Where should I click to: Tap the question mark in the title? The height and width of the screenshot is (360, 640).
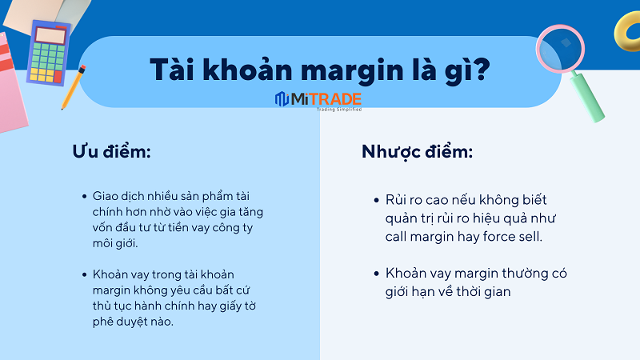[x=482, y=68]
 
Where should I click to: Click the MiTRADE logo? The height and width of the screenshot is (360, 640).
[x=318, y=100]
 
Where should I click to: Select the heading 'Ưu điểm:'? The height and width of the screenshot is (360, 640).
[x=112, y=151]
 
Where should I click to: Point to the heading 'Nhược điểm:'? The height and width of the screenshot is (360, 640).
[x=417, y=152]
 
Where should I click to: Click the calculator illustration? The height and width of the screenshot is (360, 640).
[x=49, y=52]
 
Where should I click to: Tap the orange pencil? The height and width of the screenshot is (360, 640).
[x=73, y=87]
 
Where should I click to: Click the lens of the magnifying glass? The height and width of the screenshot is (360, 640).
[x=561, y=49]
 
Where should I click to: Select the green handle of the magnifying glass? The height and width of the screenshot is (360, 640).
[x=588, y=97]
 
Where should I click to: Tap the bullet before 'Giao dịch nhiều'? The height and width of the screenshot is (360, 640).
[x=85, y=197]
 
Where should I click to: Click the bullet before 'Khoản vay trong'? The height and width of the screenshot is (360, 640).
[x=85, y=274]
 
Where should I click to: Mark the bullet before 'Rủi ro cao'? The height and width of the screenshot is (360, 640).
[x=376, y=200]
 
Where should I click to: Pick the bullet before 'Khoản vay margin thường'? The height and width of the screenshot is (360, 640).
[x=376, y=274]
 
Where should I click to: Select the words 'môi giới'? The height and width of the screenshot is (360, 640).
[x=114, y=243]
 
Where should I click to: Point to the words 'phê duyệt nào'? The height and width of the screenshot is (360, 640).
[x=132, y=322]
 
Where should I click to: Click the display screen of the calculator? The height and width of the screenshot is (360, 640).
[x=51, y=35]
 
